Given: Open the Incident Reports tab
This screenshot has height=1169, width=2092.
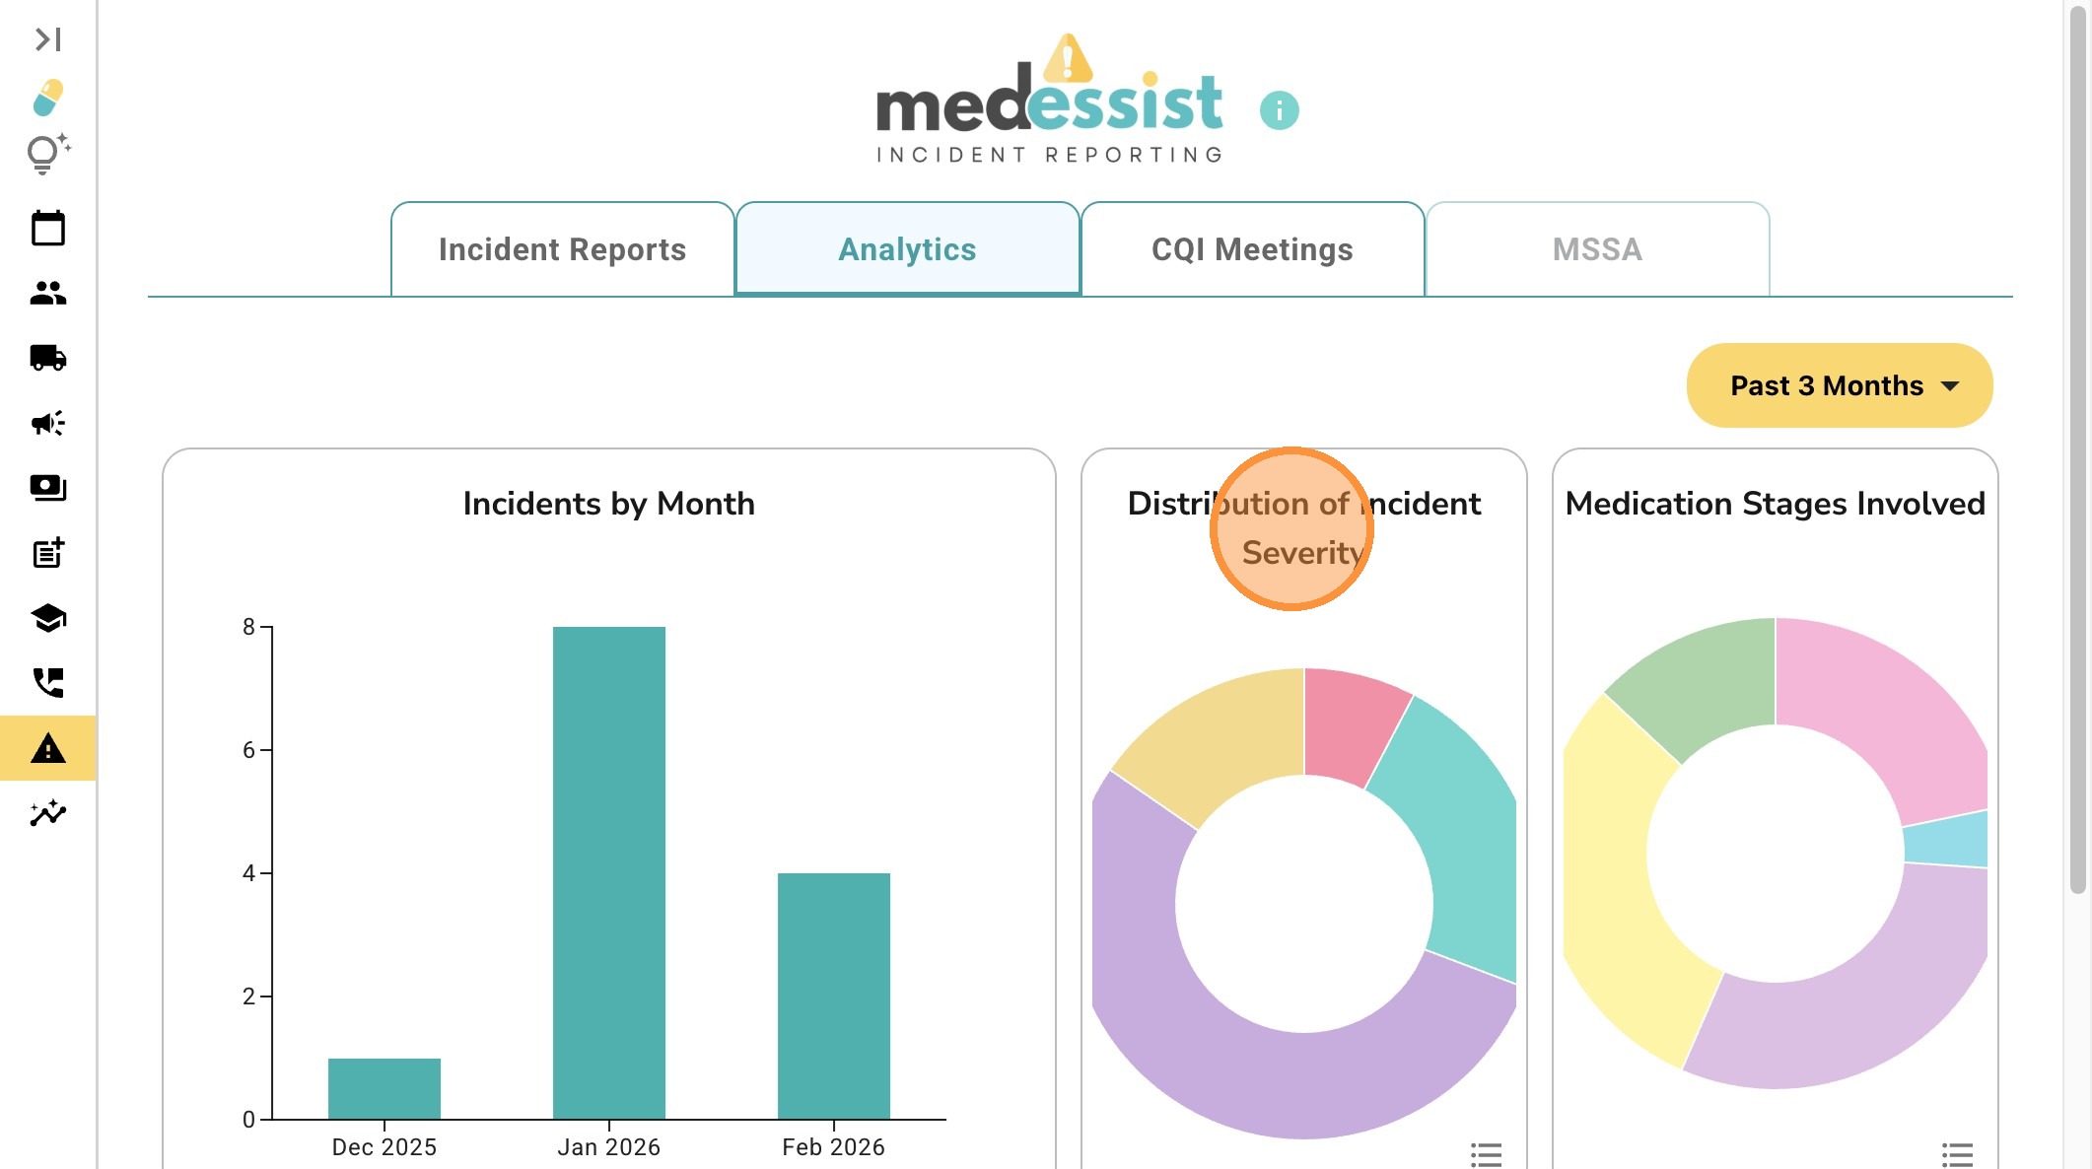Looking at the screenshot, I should pos(562,249).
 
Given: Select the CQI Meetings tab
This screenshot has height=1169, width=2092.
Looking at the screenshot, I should pos(1252,249).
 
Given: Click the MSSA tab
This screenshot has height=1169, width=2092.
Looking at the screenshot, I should pos(1597,249).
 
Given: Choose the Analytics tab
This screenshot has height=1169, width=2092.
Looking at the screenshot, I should pos(907,249).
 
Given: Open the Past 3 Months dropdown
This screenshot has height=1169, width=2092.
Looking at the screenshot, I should pos(1840,385).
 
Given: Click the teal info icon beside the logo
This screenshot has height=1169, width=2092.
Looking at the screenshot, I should pos(1279,110).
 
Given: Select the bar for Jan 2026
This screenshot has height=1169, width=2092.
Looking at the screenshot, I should pos(608,872).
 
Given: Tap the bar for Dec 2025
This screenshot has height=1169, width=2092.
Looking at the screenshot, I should pos(384,1088).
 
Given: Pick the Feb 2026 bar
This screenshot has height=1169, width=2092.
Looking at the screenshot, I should pos(833,996).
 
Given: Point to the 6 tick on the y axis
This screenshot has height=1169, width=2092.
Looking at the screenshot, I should pos(248,750).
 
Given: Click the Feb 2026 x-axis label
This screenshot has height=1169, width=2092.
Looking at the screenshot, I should pos(833,1147).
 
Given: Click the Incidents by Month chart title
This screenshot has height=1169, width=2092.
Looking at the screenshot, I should pos(608,504).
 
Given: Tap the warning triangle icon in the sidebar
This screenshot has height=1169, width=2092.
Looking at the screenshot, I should pos(47,749).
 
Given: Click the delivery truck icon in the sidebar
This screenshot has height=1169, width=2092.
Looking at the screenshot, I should pos(47,358).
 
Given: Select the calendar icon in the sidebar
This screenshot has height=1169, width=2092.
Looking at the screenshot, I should pos(47,229).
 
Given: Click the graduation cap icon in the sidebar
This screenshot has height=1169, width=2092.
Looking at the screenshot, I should pos(47,619).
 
